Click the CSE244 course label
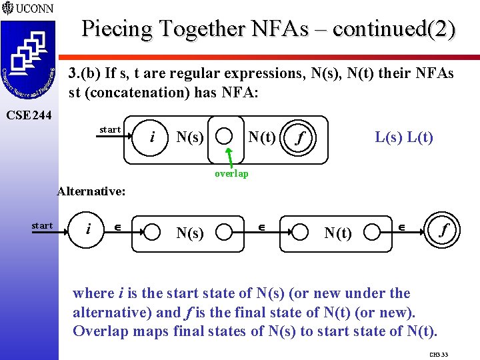(27, 115)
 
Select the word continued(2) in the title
(395, 29)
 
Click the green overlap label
(231, 173)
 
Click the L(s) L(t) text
(404, 137)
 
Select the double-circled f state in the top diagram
(301, 139)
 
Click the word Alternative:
(91, 191)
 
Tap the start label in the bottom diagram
(42, 225)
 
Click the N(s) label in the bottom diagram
(190, 233)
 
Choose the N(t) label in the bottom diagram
(338, 233)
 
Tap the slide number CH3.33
(439, 355)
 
